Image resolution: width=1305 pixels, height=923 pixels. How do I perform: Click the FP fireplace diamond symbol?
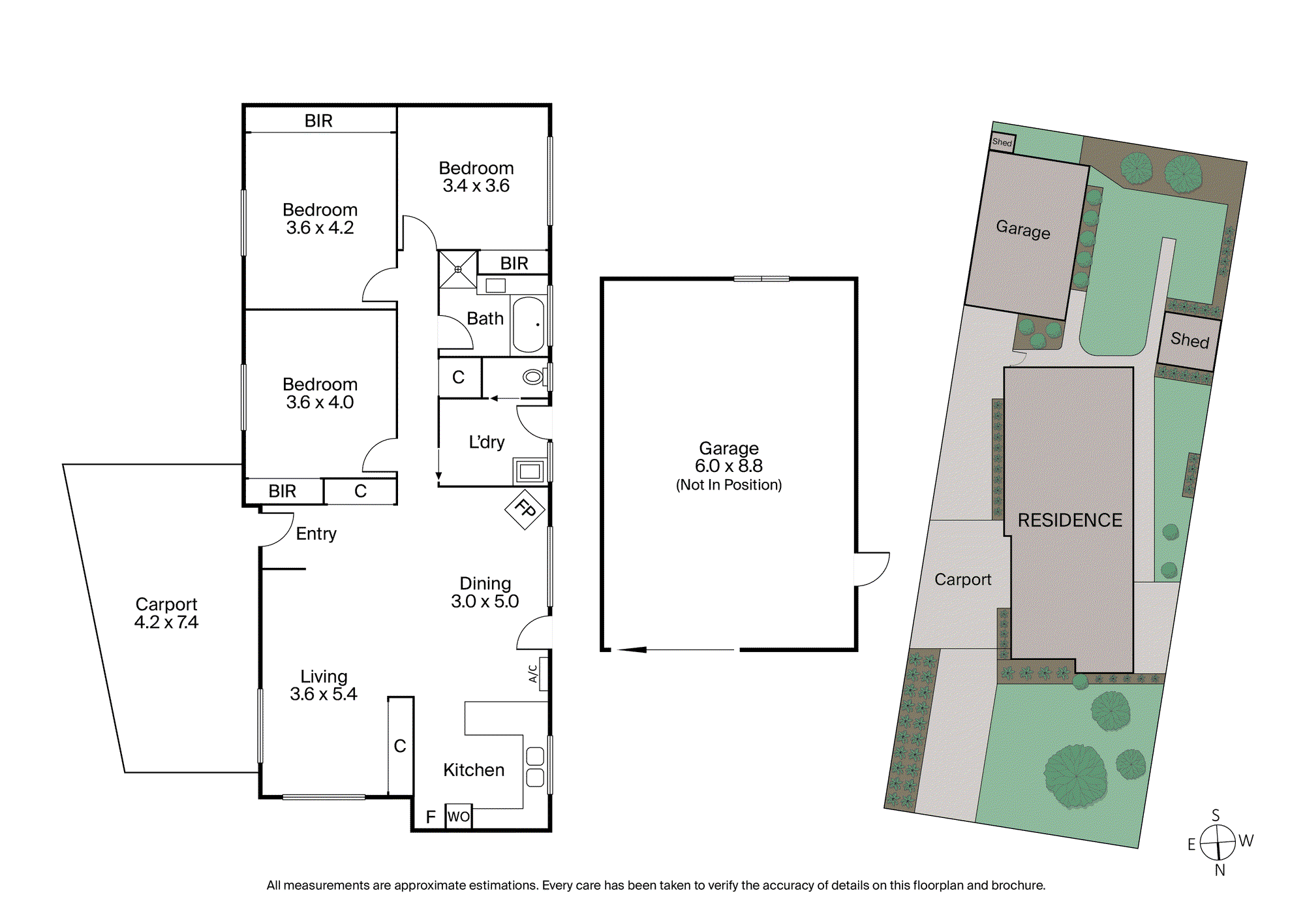point(525,508)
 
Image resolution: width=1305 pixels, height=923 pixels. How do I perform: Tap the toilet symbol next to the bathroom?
point(534,377)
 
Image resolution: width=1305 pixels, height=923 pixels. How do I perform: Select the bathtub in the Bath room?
point(529,324)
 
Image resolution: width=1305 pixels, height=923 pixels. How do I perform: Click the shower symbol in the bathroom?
point(458,269)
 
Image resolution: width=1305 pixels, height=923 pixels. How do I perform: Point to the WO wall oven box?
point(459,816)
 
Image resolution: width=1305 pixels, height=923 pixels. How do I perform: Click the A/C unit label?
point(532,674)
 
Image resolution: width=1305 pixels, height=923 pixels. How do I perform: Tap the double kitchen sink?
point(535,767)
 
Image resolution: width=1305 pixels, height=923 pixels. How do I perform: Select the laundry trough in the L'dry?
point(530,471)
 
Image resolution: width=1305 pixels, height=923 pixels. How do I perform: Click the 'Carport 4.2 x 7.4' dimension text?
point(166,613)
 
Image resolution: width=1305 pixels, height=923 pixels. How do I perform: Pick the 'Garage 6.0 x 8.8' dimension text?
point(729,457)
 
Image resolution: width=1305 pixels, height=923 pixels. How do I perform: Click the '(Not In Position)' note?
point(729,485)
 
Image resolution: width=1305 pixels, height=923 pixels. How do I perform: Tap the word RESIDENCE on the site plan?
point(1070,520)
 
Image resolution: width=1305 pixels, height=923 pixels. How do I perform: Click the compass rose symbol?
point(1218,842)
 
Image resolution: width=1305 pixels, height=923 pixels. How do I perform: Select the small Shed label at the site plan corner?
point(1002,142)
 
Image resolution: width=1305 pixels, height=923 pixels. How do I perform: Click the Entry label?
point(316,534)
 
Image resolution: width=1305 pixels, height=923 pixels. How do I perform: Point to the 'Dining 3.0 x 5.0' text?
point(485,592)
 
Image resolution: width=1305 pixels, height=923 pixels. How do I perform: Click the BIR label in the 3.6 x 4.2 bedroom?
point(318,121)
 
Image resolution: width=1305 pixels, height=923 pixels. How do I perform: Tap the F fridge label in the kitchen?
point(431,817)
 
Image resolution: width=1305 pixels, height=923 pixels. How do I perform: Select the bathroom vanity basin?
point(496,285)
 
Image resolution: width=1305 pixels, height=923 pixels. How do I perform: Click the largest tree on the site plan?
point(1075,776)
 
